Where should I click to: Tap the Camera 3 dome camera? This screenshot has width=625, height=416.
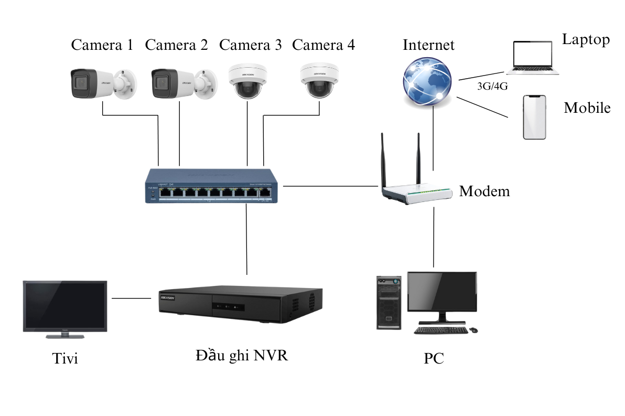point(247,81)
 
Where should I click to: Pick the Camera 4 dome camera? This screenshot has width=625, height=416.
point(320,80)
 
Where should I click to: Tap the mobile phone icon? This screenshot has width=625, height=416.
point(534,117)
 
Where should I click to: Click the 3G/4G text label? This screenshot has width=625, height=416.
point(492,87)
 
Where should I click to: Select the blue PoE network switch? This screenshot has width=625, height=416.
point(213,186)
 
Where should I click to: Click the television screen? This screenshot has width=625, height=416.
point(65,305)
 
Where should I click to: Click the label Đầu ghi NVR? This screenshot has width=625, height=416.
point(242,355)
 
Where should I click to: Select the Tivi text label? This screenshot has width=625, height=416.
point(65,359)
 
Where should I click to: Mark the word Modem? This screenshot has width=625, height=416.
point(484,191)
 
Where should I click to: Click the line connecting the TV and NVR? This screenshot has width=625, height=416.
point(131,298)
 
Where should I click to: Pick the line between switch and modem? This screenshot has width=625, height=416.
point(330,186)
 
